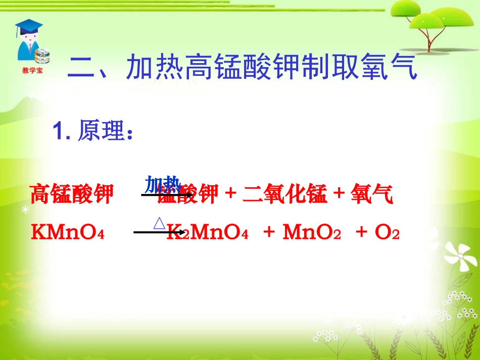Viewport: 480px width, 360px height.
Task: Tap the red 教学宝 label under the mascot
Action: [32, 71]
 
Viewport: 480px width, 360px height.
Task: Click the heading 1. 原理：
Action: [94, 132]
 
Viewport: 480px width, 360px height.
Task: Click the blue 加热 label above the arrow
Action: [163, 184]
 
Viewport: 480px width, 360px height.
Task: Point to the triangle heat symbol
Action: [159, 224]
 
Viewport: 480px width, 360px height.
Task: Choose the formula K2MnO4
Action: [207, 233]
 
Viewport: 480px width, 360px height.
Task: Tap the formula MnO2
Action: [312, 233]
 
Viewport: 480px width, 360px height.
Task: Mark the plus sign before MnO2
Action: [269, 232]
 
